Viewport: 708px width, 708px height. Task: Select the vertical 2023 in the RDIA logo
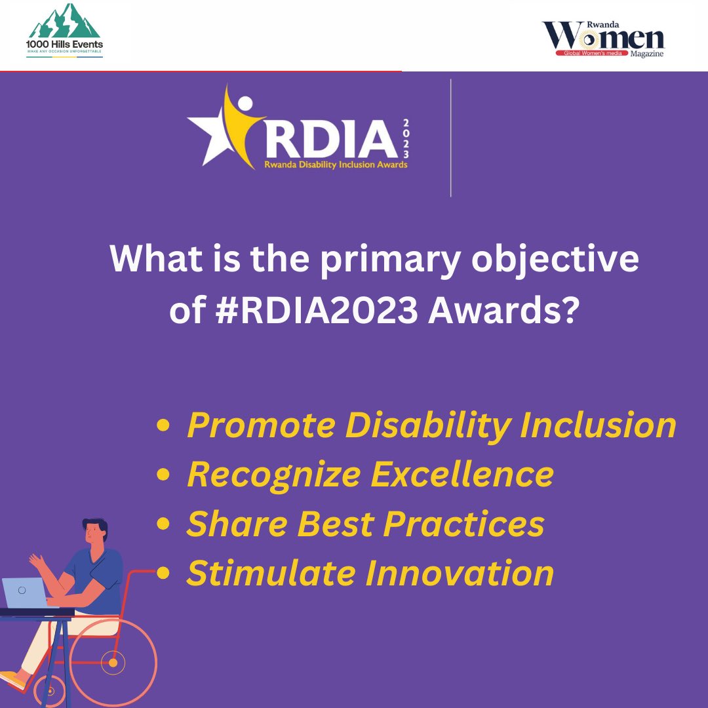point(406,138)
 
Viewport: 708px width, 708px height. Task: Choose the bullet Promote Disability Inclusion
point(431,425)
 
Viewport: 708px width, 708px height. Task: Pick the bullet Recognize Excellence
point(370,474)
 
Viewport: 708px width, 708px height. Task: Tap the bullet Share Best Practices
point(365,524)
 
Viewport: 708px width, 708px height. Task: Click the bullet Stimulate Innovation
point(370,573)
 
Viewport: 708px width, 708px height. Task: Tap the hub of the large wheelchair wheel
point(113,663)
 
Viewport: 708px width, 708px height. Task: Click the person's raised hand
point(35,561)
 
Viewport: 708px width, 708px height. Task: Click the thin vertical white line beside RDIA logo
point(451,138)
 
